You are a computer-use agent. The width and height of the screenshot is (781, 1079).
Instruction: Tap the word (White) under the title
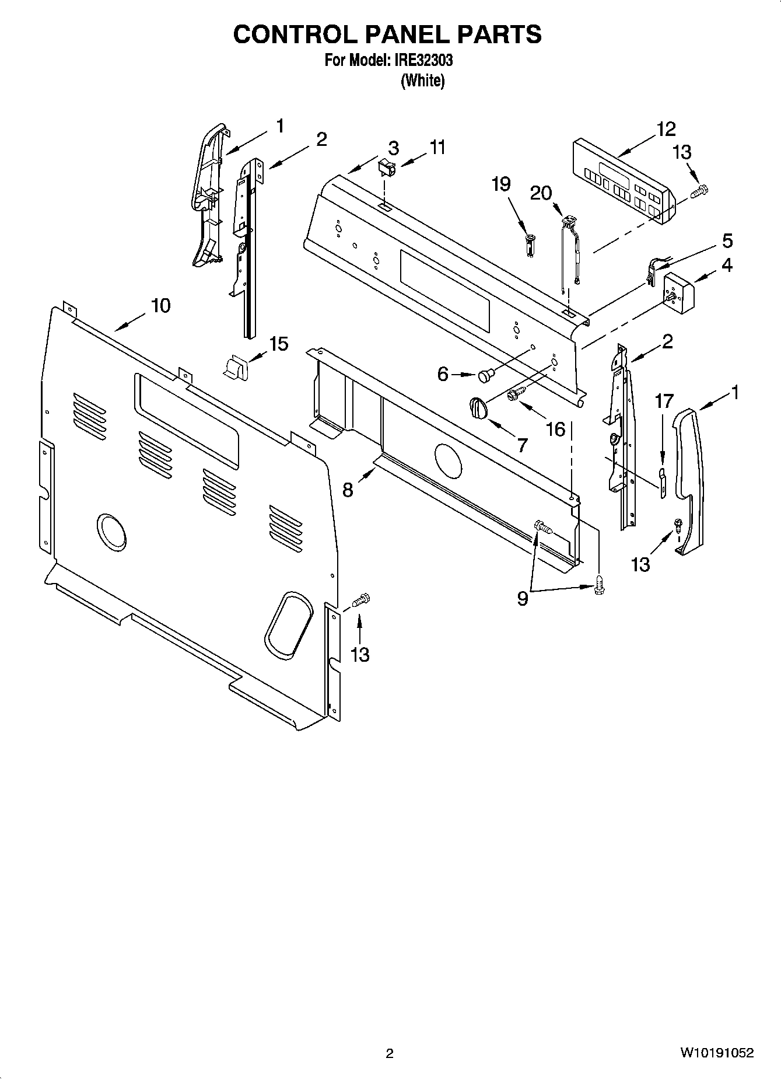(423, 81)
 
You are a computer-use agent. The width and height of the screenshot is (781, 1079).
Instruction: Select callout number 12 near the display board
(666, 128)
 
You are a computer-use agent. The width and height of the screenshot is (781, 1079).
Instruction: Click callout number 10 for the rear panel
(161, 305)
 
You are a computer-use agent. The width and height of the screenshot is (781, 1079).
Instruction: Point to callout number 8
(348, 489)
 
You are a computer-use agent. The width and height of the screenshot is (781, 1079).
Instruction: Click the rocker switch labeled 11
(385, 168)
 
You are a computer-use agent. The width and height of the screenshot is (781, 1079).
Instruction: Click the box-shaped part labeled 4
(678, 292)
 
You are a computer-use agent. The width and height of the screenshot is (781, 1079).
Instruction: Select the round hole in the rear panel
(111, 531)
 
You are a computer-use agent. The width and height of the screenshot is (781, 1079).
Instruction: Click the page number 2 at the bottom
(390, 1053)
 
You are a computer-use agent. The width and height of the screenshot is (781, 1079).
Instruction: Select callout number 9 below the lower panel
(522, 598)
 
